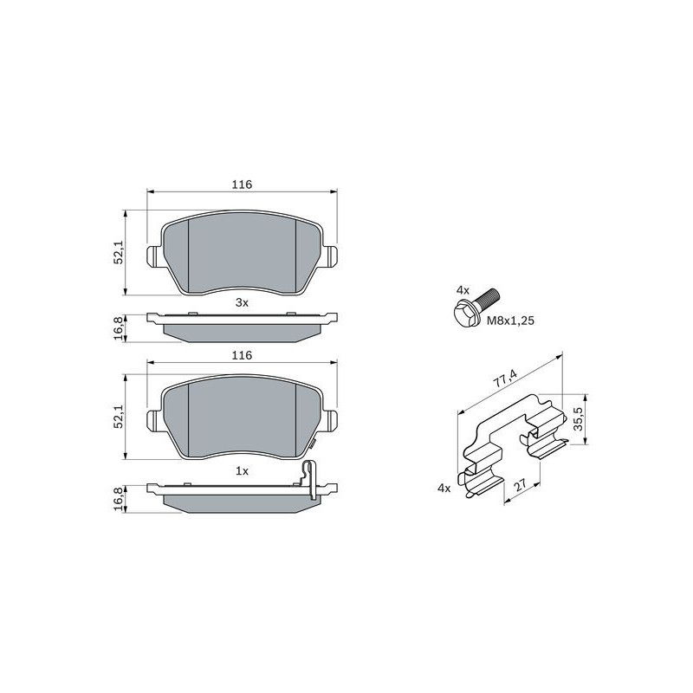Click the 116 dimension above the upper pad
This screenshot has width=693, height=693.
pyautogui.click(x=243, y=185)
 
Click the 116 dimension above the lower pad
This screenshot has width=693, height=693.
pyautogui.click(x=243, y=355)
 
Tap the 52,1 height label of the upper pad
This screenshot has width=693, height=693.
pyautogui.click(x=119, y=253)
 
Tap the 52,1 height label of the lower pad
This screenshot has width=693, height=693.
pyautogui.click(x=119, y=417)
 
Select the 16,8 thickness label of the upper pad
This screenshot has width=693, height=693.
pyautogui.click(x=119, y=328)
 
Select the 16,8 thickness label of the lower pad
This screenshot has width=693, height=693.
pyautogui.click(x=119, y=500)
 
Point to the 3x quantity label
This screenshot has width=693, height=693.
pyautogui.click(x=242, y=302)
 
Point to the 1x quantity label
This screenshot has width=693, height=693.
pyautogui.click(x=242, y=471)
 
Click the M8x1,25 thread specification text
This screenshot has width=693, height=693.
pyautogui.click(x=510, y=321)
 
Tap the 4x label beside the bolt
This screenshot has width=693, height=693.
pyautogui.click(x=463, y=290)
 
